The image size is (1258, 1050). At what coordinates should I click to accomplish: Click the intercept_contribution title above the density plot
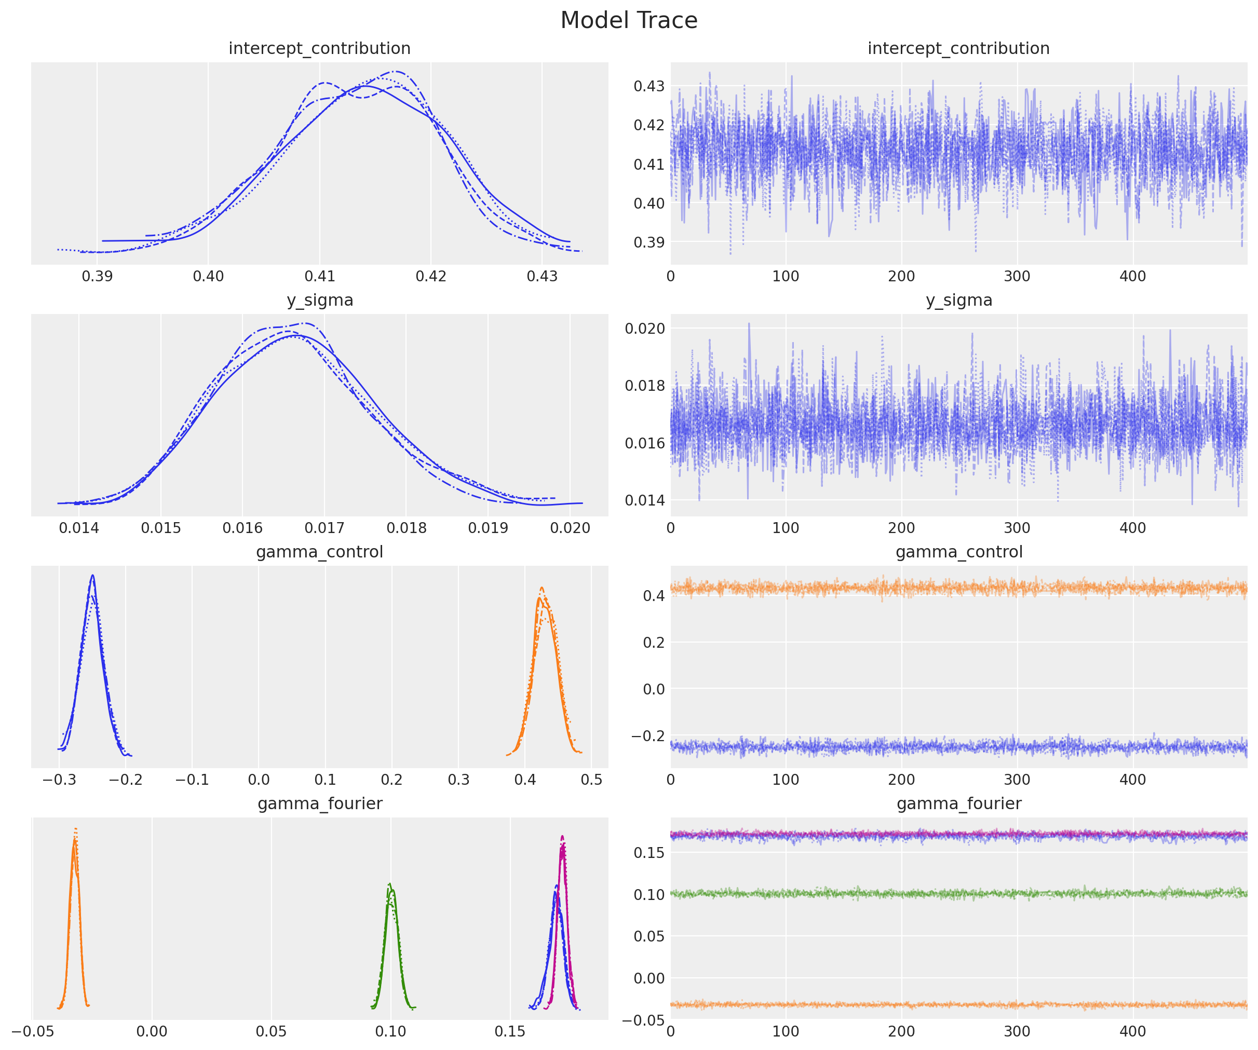point(319,48)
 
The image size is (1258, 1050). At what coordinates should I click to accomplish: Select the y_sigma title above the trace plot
point(958,300)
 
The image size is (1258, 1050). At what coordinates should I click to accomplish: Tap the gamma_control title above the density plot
point(319,552)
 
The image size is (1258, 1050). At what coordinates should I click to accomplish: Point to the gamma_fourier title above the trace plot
point(958,803)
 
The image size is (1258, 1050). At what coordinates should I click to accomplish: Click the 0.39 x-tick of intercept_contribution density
point(97,276)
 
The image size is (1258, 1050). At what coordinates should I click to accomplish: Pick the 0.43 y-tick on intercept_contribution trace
point(649,86)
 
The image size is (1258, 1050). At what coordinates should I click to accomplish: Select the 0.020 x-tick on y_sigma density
point(570,528)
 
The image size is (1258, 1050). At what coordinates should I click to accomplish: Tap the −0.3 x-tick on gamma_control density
point(59,779)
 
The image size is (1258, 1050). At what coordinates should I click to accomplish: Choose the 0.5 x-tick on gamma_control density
point(591,779)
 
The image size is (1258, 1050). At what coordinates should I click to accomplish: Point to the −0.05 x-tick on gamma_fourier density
point(32,1031)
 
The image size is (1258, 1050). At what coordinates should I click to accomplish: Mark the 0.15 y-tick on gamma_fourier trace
point(649,852)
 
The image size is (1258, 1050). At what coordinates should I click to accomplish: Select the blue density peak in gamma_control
point(92,576)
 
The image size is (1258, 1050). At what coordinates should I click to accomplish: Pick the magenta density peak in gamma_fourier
point(562,837)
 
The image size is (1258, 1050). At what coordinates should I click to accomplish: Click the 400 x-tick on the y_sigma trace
point(1132,528)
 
